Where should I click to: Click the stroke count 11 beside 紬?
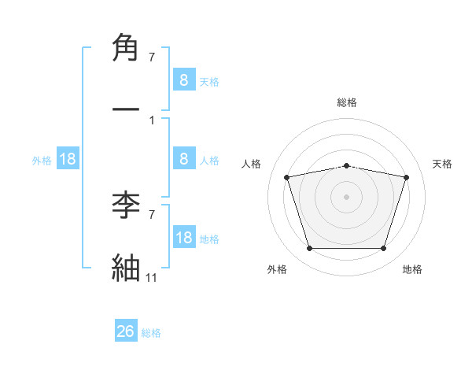click(151, 278)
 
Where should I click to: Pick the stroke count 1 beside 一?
click(151, 120)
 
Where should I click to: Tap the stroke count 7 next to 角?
click(151, 57)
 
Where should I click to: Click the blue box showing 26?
click(126, 331)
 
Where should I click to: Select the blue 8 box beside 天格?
click(183, 80)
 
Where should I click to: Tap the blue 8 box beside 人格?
click(183, 159)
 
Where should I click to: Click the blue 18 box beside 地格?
click(183, 238)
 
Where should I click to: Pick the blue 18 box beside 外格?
click(68, 159)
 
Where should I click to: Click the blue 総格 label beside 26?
click(151, 333)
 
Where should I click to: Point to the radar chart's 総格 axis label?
click(347, 102)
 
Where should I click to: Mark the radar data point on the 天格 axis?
click(406, 177)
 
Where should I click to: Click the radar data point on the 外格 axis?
click(309, 249)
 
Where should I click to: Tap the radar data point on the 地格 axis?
click(383, 249)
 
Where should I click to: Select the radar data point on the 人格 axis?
click(286, 177)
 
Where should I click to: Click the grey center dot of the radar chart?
click(346, 197)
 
